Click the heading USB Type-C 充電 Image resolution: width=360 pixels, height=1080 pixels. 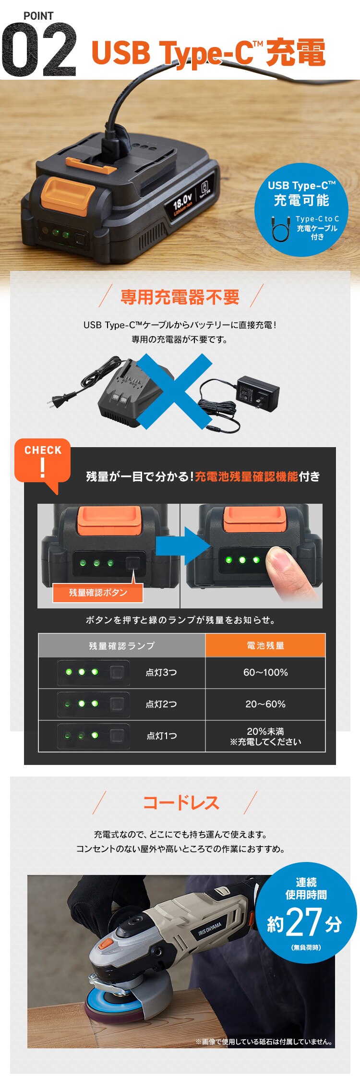[208, 52]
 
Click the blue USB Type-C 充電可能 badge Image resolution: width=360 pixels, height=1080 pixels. [301, 209]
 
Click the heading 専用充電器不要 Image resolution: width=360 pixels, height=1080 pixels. [180, 297]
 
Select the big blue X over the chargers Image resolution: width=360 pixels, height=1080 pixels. [175, 390]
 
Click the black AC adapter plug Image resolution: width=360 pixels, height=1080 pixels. [258, 393]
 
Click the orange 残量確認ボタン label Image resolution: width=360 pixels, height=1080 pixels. [98, 593]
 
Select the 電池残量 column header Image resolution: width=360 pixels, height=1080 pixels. [265, 645]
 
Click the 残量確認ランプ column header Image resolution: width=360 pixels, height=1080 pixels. [122, 646]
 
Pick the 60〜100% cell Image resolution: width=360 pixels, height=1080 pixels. [265, 672]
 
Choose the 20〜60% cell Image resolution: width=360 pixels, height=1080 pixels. [265, 704]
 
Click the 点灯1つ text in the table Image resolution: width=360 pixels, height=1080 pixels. [162, 736]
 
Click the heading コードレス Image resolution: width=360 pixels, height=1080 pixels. [181, 802]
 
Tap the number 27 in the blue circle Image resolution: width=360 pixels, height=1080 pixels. [304, 922]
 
